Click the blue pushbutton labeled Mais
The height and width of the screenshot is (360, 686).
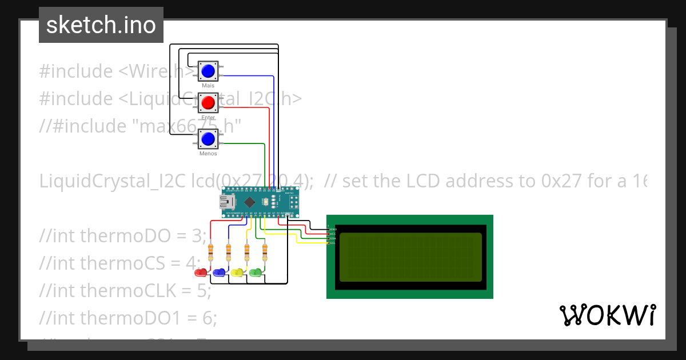208,71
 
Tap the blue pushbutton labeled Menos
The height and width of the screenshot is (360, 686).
208,139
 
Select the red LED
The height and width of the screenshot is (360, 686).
201,273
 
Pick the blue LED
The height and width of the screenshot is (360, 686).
219,273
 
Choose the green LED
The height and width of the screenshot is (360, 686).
256,273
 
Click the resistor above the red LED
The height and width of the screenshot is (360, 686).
211,250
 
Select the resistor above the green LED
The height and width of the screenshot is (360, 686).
265,250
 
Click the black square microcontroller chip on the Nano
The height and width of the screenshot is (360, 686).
250,202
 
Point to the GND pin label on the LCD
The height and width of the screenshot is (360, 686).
333,229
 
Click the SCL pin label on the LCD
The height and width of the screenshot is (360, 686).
333,243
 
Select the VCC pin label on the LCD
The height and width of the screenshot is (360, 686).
333,234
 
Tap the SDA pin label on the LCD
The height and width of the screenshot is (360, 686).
333,238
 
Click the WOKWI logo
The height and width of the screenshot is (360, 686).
607,315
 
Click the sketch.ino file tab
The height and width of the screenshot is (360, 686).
101,25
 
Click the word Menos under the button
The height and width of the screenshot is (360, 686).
208,154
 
